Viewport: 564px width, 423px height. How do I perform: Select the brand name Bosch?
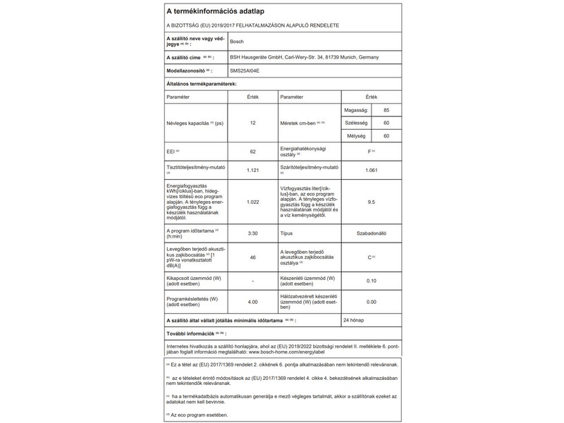tap(238, 42)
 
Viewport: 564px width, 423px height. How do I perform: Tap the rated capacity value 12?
tap(252, 123)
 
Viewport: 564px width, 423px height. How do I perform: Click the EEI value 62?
tap(252, 152)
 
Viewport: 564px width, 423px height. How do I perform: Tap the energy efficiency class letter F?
tap(369, 152)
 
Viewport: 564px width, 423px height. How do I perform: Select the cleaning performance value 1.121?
tap(252, 171)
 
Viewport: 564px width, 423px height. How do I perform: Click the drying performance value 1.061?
tap(372, 171)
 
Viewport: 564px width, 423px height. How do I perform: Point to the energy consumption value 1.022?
tap(252, 202)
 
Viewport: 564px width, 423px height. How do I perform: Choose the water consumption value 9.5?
tap(372, 202)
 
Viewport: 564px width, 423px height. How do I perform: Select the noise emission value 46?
tap(252, 258)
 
